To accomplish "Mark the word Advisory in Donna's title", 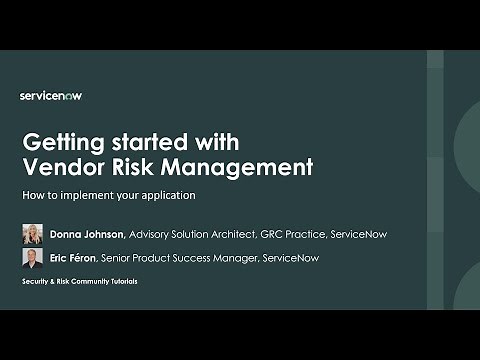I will tap(150, 234).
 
